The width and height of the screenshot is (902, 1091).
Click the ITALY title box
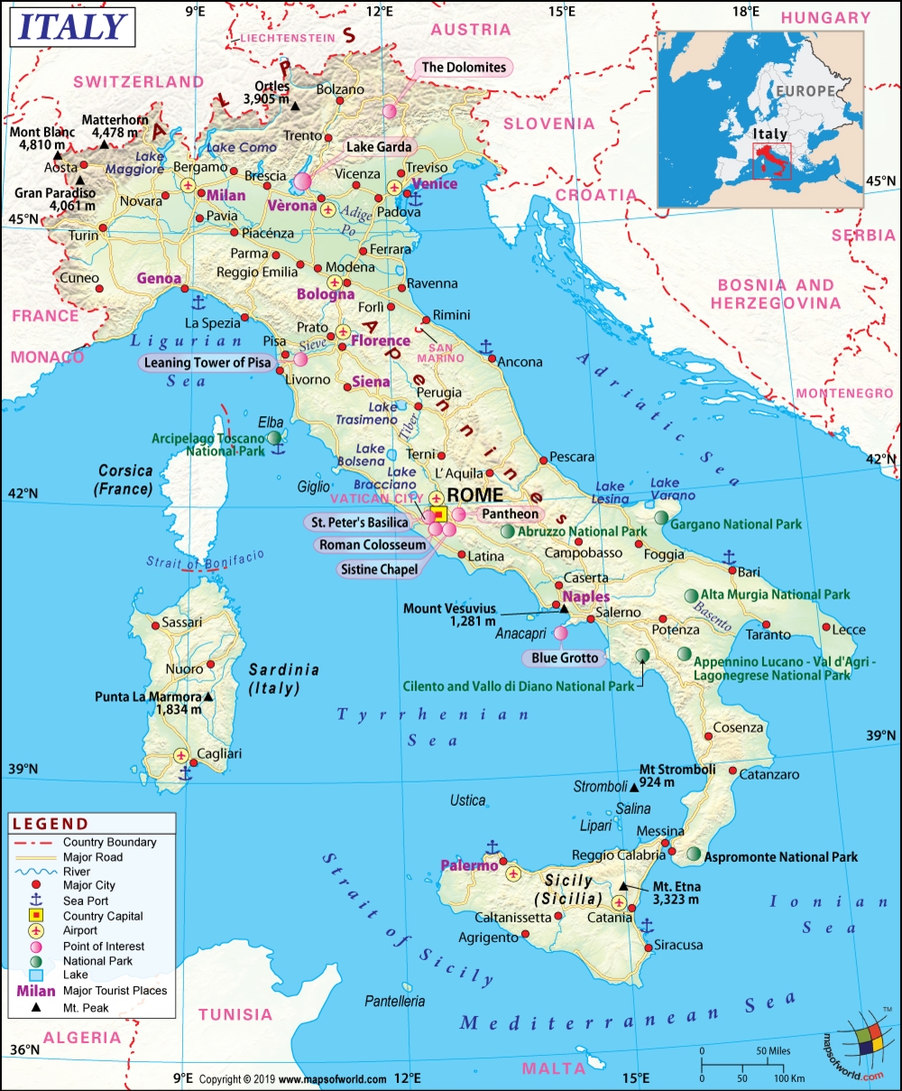click(72, 28)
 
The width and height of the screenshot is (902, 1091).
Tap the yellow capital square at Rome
click(439, 514)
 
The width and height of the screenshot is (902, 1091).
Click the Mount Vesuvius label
click(449, 615)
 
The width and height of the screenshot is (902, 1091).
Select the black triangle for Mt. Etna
click(623, 887)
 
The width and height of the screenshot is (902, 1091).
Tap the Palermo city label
click(469, 865)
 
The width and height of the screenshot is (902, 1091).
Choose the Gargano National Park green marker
click(663, 517)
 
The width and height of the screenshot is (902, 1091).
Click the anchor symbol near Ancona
click(485, 346)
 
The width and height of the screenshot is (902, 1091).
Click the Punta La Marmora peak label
click(149, 703)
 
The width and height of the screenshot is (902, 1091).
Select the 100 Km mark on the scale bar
click(790, 1078)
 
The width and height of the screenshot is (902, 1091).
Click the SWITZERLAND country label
click(139, 81)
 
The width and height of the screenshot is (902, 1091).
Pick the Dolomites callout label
click(464, 67)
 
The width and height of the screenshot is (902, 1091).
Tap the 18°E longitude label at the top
click(746, 12)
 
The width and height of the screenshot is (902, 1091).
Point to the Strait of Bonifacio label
click(206, 560)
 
